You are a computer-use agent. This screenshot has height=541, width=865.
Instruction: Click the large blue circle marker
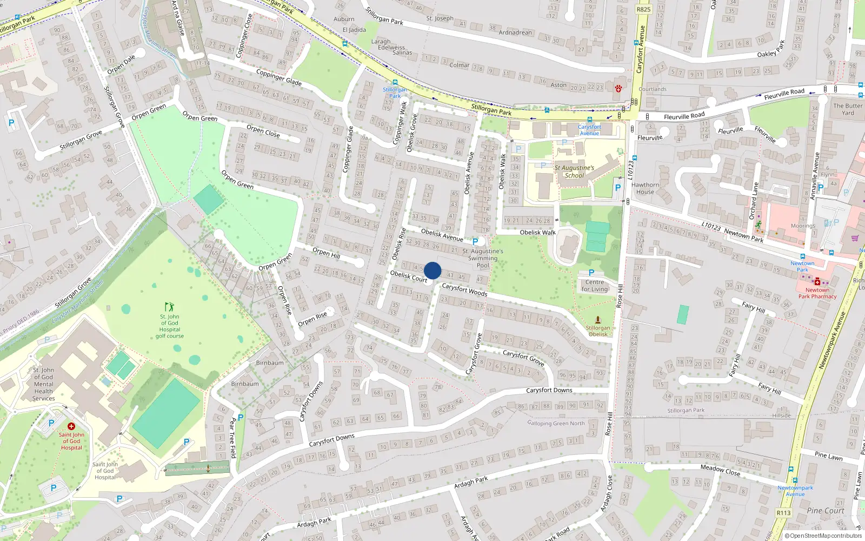(432, 270)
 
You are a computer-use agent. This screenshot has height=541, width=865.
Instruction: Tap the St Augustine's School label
(574, 171)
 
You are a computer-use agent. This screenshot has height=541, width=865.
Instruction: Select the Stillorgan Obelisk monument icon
(598, 320)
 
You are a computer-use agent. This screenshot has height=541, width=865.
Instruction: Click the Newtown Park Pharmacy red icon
(817, 281)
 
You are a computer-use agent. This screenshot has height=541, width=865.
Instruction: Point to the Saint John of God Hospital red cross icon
(71, 426)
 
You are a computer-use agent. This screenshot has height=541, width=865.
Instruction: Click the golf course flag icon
(170, 307)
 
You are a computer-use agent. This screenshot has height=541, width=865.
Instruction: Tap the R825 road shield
(643, 9)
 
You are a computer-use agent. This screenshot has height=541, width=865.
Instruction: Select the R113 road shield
(783, 513)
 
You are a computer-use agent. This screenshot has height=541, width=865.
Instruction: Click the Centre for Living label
(595, 286)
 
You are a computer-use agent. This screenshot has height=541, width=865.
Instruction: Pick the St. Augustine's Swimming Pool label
(483, 258)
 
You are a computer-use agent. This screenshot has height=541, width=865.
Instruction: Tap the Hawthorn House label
(645, 188)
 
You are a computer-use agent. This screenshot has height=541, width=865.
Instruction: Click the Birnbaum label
(270, 363)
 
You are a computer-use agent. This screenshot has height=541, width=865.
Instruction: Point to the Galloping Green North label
(556, 424)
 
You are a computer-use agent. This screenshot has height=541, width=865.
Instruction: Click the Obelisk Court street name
(409, 276)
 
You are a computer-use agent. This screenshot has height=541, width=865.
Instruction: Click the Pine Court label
(825, 511)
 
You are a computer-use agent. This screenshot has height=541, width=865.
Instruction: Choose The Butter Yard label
(848, 109)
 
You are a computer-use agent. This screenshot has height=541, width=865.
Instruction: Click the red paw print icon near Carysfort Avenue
(618, 88)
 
